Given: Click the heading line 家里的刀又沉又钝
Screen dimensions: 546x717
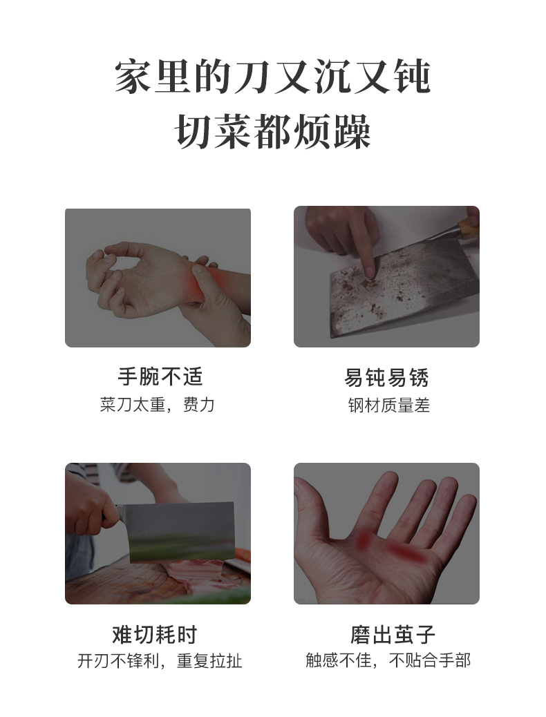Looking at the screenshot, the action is [x=272, y=77].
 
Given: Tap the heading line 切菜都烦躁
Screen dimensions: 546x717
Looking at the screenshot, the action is [x=273, y=131].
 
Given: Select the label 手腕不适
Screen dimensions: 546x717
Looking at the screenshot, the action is [x=160, y=376].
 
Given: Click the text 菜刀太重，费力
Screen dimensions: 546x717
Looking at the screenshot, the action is [x=158, y=405].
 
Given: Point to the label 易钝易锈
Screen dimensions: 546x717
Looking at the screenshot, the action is [x=387, y=378].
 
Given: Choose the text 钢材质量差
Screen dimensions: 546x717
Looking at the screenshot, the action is [x=389, y=405].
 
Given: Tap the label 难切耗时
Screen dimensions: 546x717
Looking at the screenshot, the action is [x=155, y=635].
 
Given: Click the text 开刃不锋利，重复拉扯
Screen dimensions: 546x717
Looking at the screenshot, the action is [x=160, y=661].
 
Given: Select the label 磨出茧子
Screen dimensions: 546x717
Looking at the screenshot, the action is [x=393, y=635].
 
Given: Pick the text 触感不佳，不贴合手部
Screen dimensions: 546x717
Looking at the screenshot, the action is [x=388, y=660].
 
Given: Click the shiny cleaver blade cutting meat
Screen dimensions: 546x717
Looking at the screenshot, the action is [x=182, y=532].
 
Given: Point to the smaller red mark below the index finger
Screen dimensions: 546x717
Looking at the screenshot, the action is [x=364, y=539].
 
